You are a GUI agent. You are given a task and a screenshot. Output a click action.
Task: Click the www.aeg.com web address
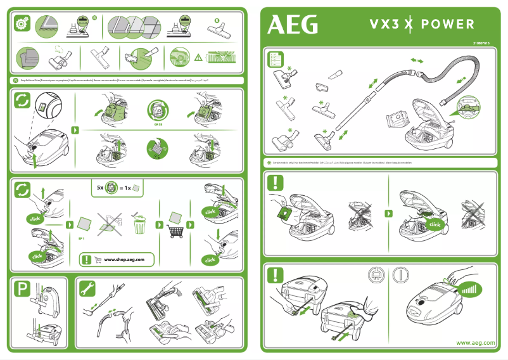476,343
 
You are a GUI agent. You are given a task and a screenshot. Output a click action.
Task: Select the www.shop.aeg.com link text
129,260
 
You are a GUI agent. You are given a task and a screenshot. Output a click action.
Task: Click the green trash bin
140,224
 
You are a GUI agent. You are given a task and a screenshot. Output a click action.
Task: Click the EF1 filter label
81,239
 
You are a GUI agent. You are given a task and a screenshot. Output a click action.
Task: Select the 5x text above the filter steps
99,188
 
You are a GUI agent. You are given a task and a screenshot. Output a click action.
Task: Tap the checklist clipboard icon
275,60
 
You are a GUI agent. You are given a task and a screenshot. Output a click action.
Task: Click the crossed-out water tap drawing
108,222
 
